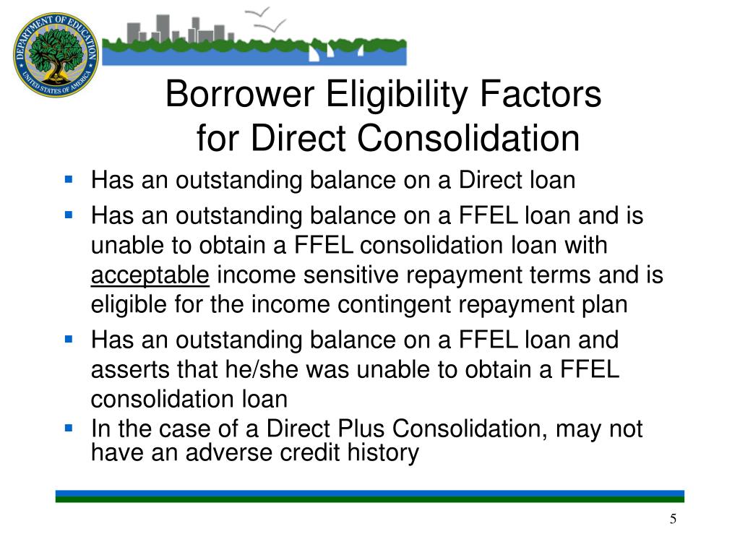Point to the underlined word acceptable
(150, 276)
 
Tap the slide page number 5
(673, 520)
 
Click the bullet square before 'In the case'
(69, 428)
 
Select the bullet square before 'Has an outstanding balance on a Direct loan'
(69, 178)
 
